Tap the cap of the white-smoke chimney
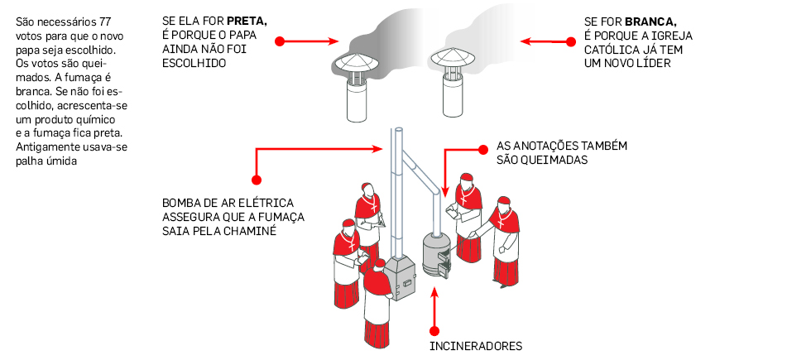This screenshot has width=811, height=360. tap(452, 60)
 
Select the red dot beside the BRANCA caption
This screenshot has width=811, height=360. tap(569, 41)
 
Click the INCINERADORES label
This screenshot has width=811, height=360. tap(476, 346)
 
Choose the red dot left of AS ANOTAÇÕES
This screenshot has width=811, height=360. tap(483, 149)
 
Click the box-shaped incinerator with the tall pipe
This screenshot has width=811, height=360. tap(398, 277)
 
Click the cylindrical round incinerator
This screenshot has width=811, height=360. tap(435, 252)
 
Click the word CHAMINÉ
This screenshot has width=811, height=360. tap(249, 232)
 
